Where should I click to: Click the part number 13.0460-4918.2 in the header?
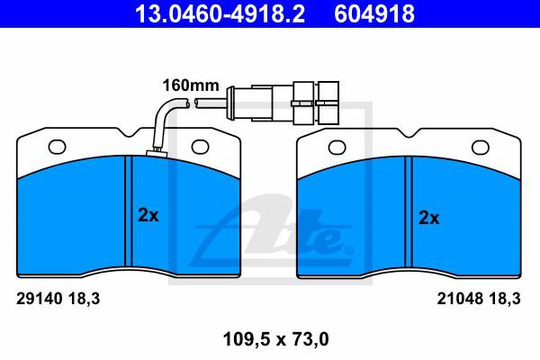coord(220,13)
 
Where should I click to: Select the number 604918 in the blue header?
coord(374,13)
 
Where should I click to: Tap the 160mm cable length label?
coord(191,85)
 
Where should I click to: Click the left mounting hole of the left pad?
coord(58,147)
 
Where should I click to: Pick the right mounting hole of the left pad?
coord(200,147)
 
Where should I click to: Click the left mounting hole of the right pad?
coord(337,148)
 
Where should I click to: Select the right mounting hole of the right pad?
coord(480,148)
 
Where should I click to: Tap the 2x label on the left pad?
coord(148,215)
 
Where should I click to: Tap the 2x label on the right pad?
coord(428,218)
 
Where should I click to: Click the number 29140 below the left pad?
coord(39,298)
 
